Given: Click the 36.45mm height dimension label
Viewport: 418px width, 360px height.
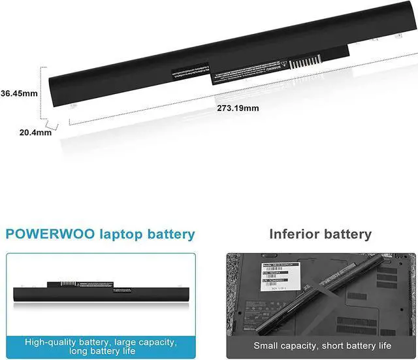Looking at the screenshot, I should coord(19,93).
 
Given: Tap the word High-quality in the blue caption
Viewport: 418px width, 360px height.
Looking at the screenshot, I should coord(54,342).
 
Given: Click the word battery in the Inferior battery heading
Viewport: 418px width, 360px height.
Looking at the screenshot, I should coord(346,234).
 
